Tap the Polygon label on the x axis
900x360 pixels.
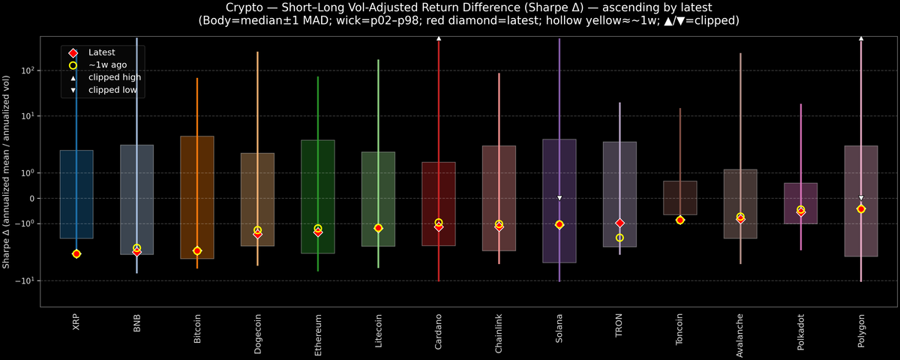861,329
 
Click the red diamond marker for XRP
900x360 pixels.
76,254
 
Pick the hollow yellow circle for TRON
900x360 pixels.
619,238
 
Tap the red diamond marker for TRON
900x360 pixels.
619,223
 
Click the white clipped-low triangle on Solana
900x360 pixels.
559,198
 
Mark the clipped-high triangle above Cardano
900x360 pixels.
439,37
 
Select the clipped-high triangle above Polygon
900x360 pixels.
861,37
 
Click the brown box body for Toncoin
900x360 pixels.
680,198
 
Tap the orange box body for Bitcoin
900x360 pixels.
197,197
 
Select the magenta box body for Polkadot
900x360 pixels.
801,203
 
